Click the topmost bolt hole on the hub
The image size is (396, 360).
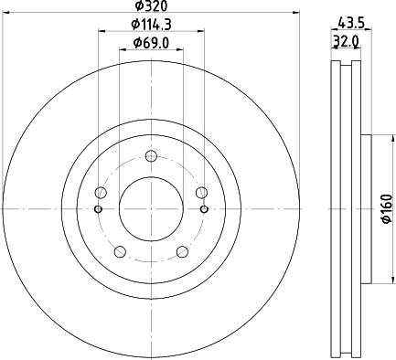151,156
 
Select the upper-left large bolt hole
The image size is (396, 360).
101,192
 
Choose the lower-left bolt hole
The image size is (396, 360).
120,251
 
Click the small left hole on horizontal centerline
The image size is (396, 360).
99,208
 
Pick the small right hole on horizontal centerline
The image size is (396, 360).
203,208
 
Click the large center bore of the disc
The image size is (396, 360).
151,208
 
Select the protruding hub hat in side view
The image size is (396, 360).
366,208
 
